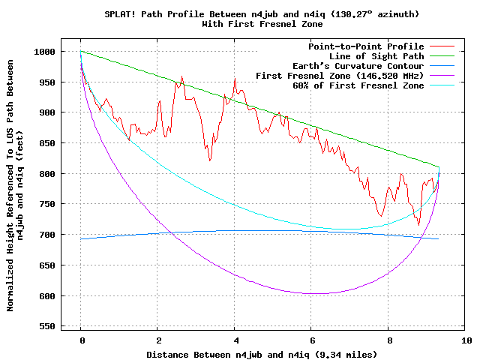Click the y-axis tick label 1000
[x=46, y=52]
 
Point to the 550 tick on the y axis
[x=48, y=326]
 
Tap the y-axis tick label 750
[x=48, y=204]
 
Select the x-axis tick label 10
[x=465, y=340]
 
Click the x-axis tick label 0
[x=81, y=340]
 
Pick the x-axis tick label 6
[x=311, y=340]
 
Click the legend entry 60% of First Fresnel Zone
[x=358, y=85]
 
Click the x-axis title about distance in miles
[x=261, y=354]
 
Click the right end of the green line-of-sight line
[x=439, y=166]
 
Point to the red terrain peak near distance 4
[x=235, y=78]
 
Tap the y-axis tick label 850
[x=48, y=143]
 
